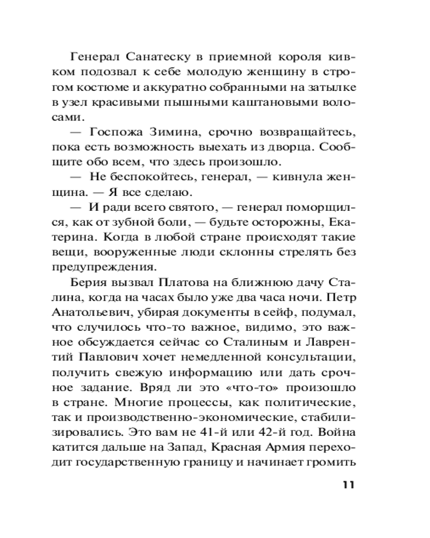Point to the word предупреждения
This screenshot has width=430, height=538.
pyautogui.click(x=111, y=266)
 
